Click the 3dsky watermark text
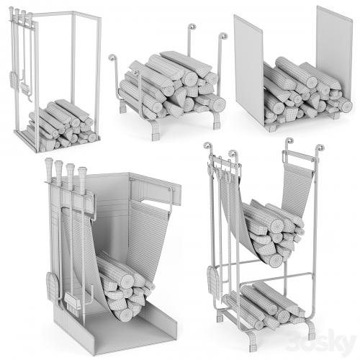point(322,342)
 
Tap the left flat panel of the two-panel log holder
point(249,70)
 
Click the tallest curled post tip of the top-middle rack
point(192,27)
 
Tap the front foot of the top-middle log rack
point(156,132)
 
